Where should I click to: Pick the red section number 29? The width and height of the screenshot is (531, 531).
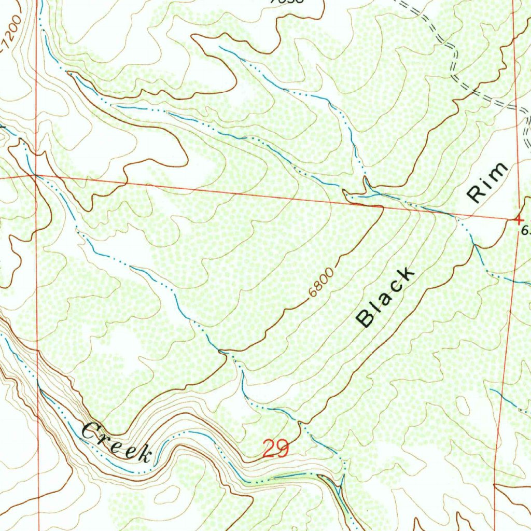[275, 449]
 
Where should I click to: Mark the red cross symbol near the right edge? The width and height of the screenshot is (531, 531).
[518, 219]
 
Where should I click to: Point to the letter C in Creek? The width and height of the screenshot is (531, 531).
[91, 430]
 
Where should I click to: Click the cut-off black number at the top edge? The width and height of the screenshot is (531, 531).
[287, 2]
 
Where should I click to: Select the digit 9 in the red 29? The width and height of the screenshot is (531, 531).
[282, 449]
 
